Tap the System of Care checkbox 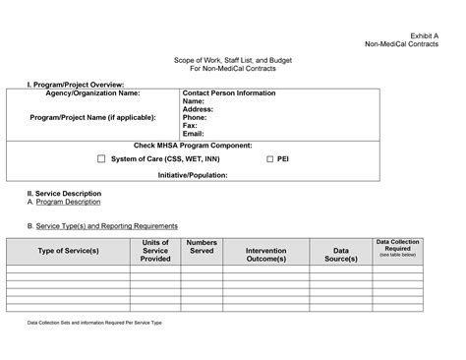101,158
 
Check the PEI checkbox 270,158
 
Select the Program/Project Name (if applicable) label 92,117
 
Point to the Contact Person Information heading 229,93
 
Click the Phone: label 195,117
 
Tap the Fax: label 190,125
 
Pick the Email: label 194,133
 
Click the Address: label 199,109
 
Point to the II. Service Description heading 64,194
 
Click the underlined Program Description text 68,202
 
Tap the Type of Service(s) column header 68,251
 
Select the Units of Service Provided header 155,251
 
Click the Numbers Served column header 202,246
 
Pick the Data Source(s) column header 340,255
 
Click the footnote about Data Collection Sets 93,323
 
